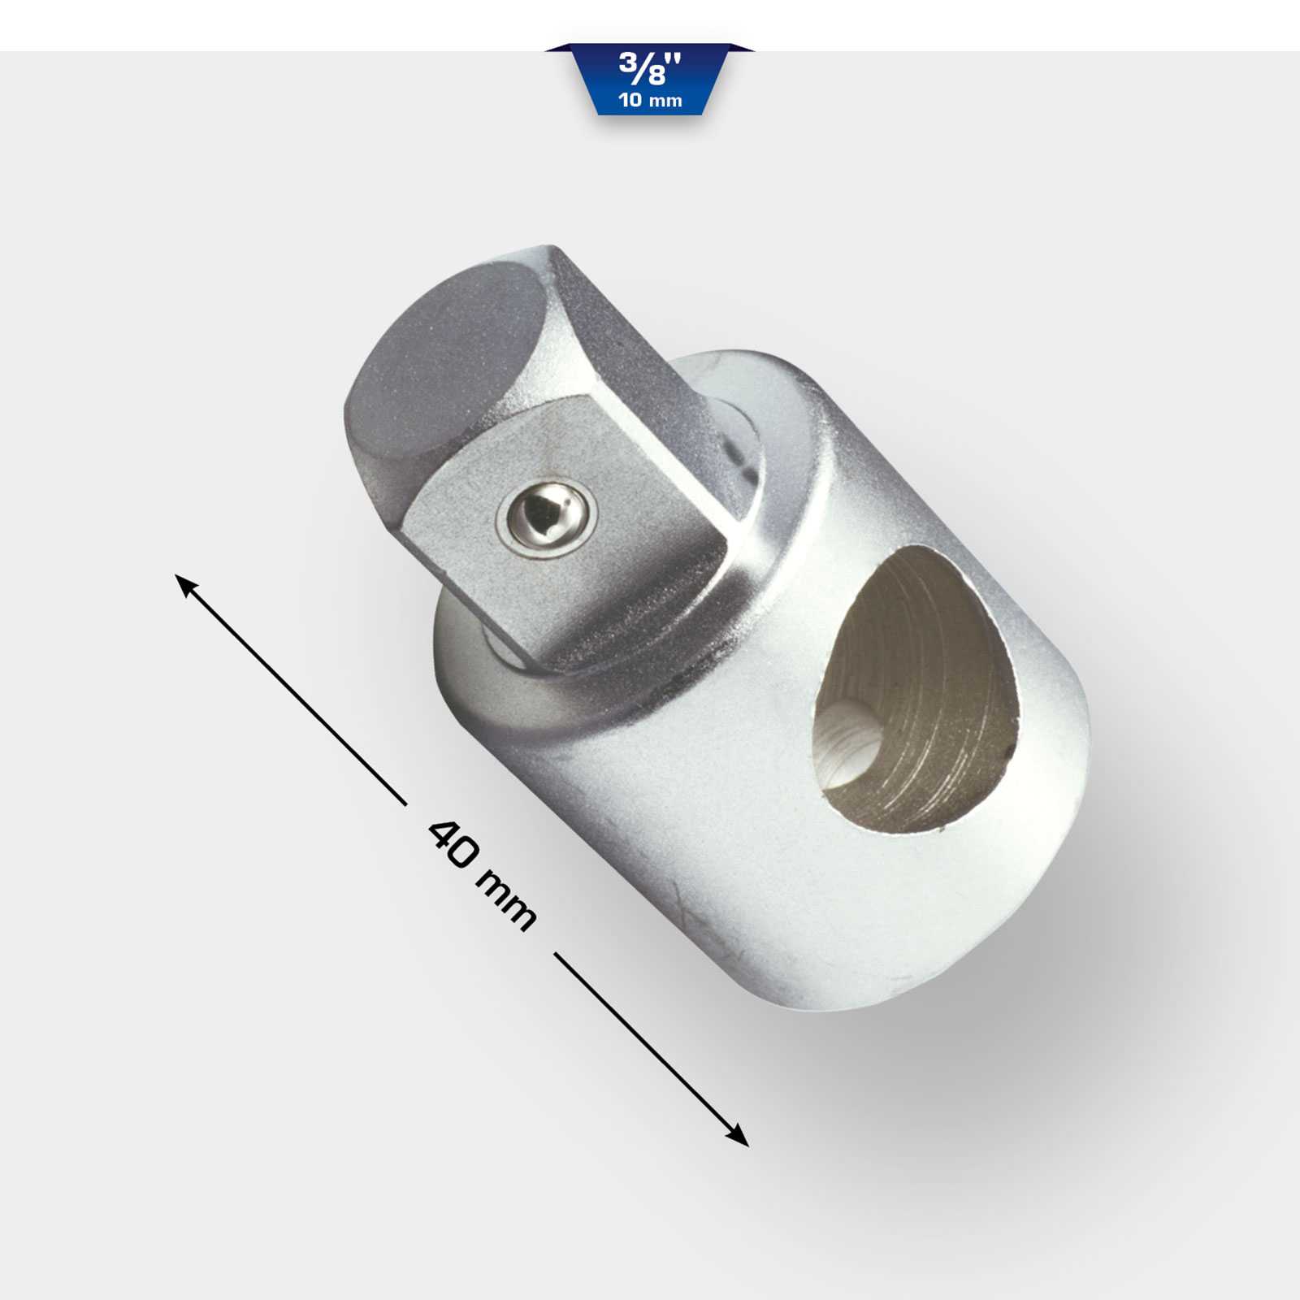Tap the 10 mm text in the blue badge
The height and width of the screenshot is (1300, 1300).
(x=650, y=101)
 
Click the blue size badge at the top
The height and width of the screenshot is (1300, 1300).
(x=649, y=80)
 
